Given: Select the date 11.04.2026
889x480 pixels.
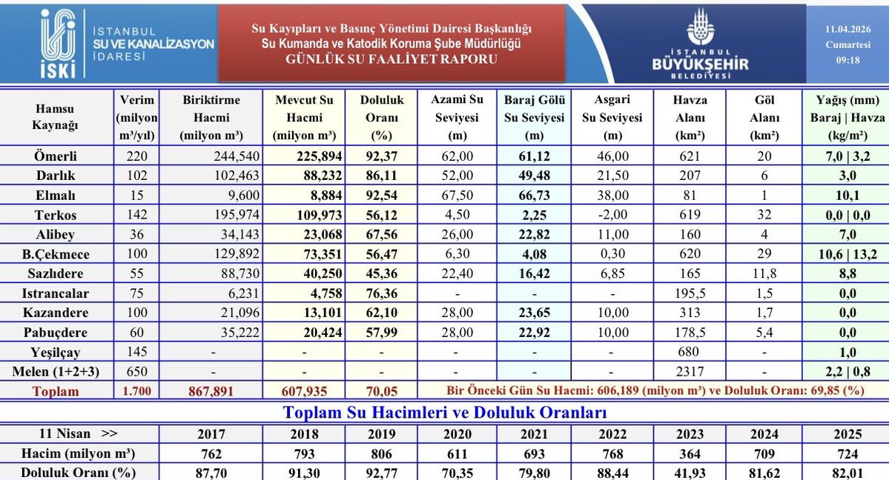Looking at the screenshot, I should point(847,28).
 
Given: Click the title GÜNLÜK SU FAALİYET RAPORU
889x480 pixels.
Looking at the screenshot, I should point(391,59).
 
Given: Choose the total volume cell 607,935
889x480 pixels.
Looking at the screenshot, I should point(304,390).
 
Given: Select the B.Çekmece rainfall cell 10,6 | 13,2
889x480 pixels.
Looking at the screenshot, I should point(847,254).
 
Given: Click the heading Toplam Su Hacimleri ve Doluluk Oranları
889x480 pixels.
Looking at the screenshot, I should point(443,412).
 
